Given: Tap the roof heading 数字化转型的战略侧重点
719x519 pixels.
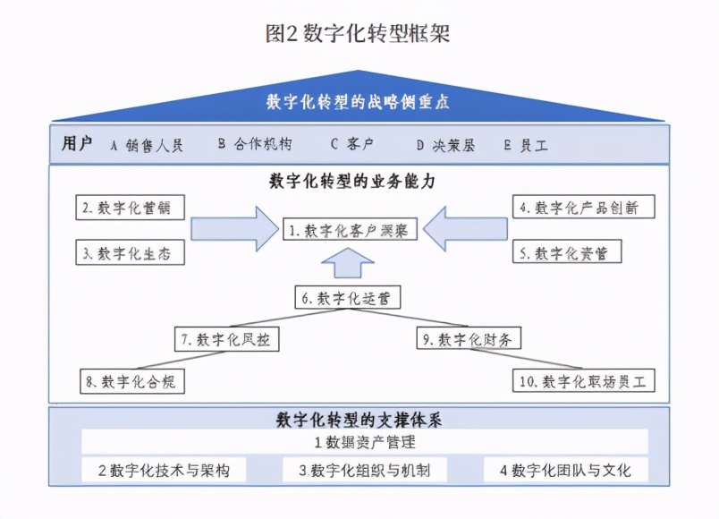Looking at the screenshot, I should point(358,102).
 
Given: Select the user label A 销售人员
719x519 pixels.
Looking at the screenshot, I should point(147,145).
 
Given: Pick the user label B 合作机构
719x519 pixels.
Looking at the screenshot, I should point(254,145).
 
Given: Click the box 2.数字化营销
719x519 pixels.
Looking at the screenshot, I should point(131,208).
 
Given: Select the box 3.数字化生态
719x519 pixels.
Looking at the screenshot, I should point(131,253).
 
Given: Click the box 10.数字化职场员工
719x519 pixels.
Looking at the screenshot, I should point(583,382).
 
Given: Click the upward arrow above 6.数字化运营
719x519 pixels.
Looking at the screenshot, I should point(350,266).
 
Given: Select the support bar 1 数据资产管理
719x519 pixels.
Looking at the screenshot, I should point(364,442).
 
